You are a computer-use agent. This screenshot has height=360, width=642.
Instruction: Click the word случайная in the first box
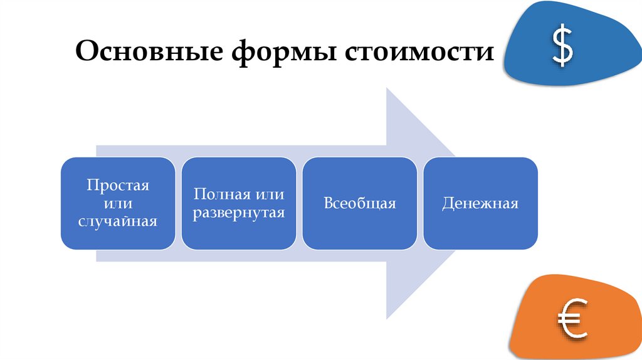[x=118, y=221]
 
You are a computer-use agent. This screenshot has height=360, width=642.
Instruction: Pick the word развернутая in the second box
[x=239, y=212]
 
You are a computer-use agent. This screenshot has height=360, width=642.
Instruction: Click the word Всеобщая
[x=360, y=203]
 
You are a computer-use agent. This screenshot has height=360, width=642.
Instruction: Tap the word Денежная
[x=480, y=203]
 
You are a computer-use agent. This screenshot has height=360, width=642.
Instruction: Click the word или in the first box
[x=118, y=203]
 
